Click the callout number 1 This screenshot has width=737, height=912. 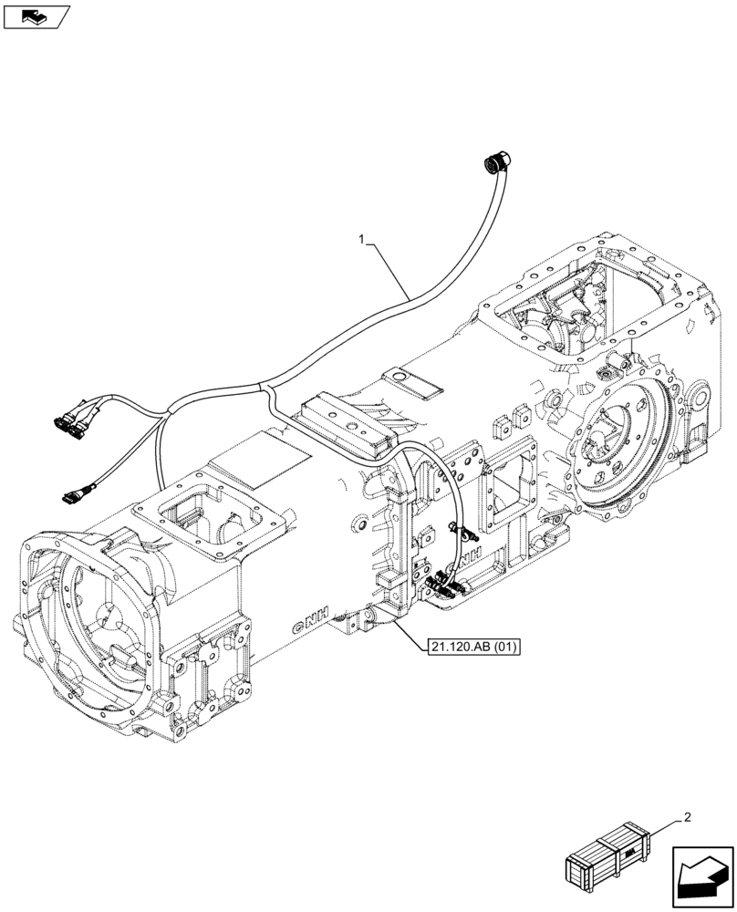click(x=363, y=240)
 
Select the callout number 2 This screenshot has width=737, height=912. click(x=686, y=818)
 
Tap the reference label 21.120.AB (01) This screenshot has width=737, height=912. click(x=472, y=648)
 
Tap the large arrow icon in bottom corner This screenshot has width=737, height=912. click(x=702, y=878)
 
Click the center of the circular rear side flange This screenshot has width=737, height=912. click(x=607, y=444)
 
